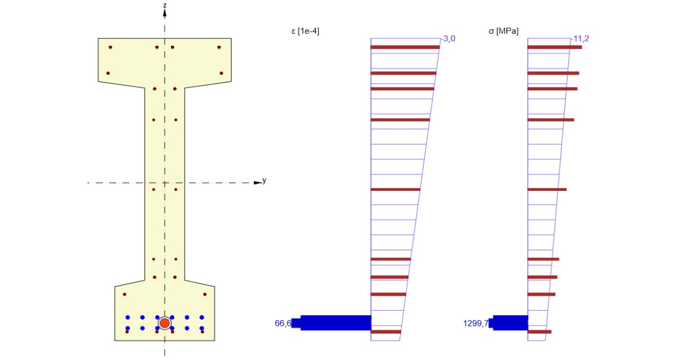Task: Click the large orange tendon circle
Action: (x=165, y=323)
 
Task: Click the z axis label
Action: (x=165, y=5)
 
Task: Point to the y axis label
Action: (x=264, y=181)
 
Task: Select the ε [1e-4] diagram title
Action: (x=305, y=31)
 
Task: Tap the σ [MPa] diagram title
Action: (x=504, y=31)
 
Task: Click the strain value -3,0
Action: (x=449, y=39)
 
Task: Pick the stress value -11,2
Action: (x=580, y=39)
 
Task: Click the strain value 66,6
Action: (x=283, y=323)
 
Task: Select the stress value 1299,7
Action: (x=476, y=323)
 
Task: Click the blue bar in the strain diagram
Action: (x=332, y=323)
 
